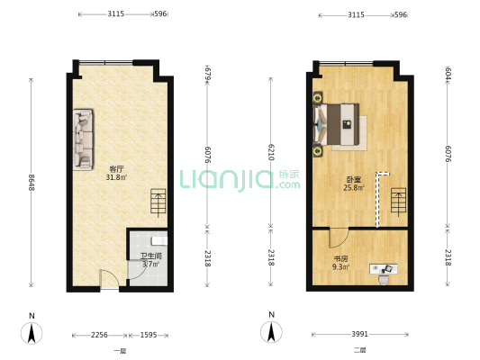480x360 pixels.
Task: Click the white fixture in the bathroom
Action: [x=159, y=240]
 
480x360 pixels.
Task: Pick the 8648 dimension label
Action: [x=32, y=185]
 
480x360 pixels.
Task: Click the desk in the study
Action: [x=385, y=268]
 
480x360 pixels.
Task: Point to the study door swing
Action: [x=338, y=238]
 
